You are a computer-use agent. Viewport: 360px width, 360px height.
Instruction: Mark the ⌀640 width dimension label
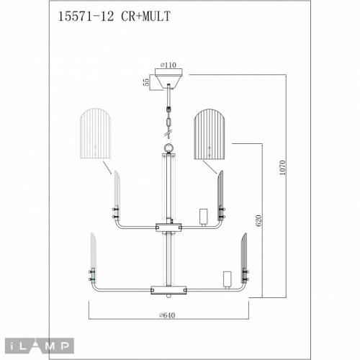[x=168, y=314]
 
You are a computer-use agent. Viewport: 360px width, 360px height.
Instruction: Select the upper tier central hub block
[x=168, y=226]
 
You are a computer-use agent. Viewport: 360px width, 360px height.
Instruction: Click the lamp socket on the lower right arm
[x=227, y=279]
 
